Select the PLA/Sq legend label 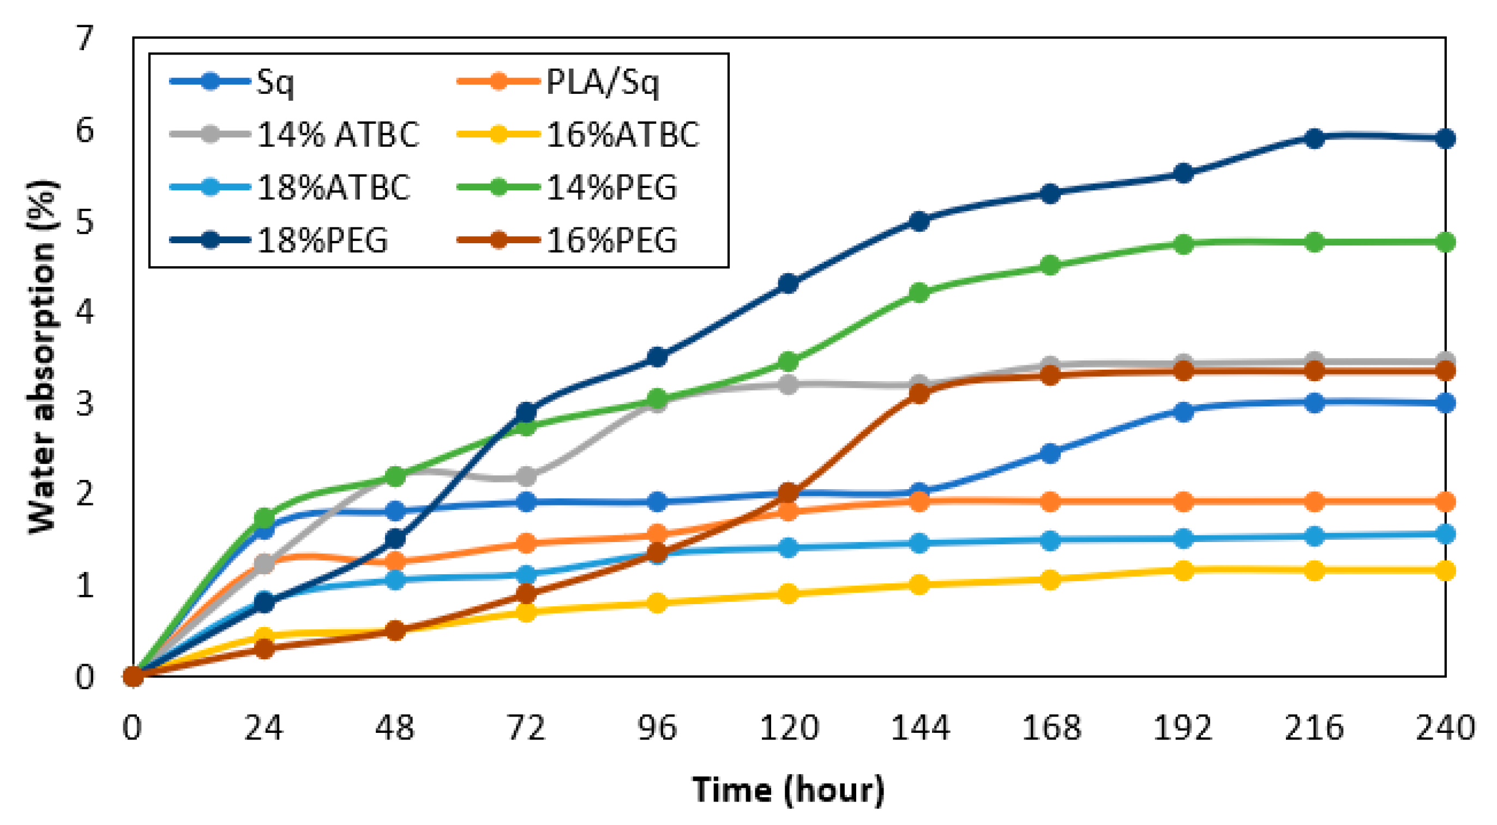[602, 82]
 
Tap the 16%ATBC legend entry [622, 135]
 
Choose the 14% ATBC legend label [338, 135]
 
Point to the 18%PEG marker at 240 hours [1445, 138]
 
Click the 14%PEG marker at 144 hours [919, 292]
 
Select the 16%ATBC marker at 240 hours [1445, 570]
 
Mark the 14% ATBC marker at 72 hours [526, 477]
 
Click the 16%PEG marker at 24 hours [264, 648]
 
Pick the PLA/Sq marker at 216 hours [1314, 502]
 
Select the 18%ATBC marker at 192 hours [1183, 538]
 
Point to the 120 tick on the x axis [789, 728]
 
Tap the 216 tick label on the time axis [1314, 728]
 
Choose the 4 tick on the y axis [85, 312]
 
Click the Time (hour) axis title [789, 790]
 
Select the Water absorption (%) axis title [42, 357]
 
